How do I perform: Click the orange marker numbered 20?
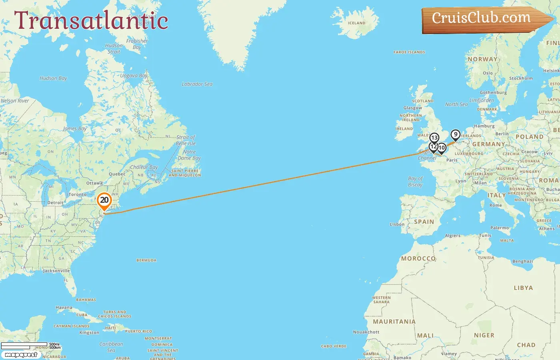(x=104, y=200)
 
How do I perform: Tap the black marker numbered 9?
(x=455, y=135)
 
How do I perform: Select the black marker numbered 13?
(x=434, y=138)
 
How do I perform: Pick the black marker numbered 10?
(x=442, y=148)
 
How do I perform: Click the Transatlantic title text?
(x=91, y=21)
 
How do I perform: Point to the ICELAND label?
(x=356, y=23)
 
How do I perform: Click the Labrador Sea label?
(x=197, y=84)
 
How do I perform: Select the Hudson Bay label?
(x=53, y=78)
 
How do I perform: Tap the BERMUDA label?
(x=146, y=260)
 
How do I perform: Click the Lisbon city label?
(x=397, y=224)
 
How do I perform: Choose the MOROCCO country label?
(x=418, y=258)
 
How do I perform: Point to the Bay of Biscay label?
(x=415, y=182)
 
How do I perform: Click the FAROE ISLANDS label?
(x=409, y=52)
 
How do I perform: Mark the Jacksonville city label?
(x=56, y=271)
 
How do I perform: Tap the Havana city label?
(x=64, y=308)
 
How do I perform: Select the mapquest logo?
(x=21, y=355)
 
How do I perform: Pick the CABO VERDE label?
(x=334, y=346)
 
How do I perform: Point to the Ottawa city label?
(x=94, y=183)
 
